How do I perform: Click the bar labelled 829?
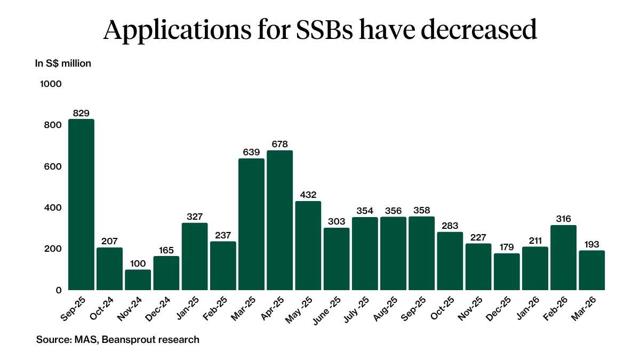point(81,204)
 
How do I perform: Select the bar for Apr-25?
point(279,220)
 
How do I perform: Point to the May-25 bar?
point(308,245)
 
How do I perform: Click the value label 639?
point(251,151)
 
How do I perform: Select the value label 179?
point(507,246)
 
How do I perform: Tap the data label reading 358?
point(421,210)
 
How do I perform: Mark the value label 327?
point(195,216)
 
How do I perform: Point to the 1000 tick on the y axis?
point(51,84)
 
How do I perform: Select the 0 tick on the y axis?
point(59,290)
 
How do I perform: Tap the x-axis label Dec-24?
point(155,308)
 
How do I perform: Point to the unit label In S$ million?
point(63,63)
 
